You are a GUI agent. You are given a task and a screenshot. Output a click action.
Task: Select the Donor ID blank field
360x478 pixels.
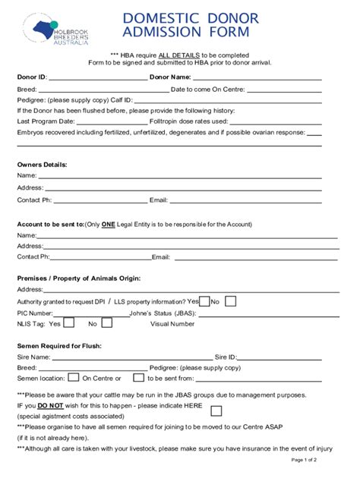97,78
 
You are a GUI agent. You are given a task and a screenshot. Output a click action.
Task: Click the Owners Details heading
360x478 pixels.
42,165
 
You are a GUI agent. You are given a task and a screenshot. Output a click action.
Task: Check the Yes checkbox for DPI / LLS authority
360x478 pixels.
204,301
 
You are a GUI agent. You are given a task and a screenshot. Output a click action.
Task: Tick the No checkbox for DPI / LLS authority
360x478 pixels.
229,301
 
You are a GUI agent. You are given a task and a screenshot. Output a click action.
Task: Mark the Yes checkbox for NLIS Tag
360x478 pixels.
68,322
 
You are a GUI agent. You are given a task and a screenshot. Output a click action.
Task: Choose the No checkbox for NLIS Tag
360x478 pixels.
106,322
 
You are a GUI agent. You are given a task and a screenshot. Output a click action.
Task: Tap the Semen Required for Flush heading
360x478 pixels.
59,346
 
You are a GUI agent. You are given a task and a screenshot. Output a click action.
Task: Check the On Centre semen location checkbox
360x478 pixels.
74,377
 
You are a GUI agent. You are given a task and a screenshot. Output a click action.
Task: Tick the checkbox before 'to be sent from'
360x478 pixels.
138,377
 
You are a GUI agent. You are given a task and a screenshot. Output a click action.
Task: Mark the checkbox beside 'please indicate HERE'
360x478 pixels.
216,410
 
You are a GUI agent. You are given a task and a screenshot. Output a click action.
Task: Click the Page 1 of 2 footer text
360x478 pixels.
304,461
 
